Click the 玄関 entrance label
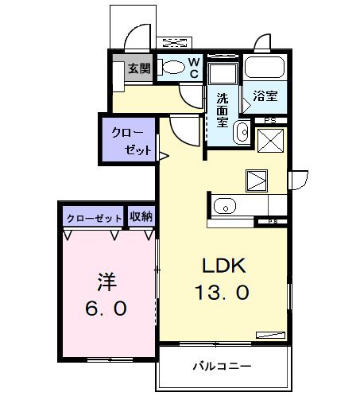(139, 68)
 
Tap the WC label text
(193, 68)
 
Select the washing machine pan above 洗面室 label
(223, 76)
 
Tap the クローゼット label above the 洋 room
(94, 217)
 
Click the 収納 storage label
(141, 217)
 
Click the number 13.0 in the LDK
(222, 292)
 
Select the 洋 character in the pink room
(106, 281)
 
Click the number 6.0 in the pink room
(106, 309)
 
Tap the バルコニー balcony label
(223, 366)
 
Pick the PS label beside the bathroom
(269, 121)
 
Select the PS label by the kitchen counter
(272, 221)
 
